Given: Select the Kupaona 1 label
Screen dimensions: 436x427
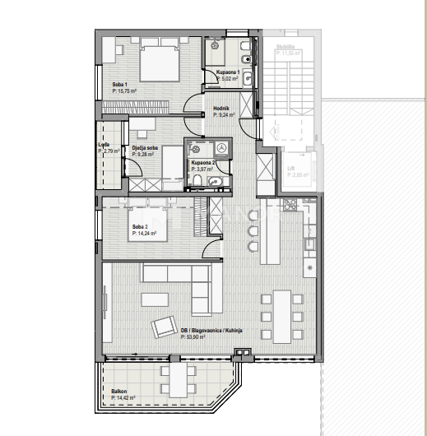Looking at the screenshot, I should click(228, 72).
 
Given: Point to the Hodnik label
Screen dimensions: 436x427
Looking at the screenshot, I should click(220, 108).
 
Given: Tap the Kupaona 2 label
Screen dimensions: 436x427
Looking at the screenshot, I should click(203, 163).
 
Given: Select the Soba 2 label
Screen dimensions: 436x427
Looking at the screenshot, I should click(141, 225).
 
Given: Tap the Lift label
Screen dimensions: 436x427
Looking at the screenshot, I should click(291, 169).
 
